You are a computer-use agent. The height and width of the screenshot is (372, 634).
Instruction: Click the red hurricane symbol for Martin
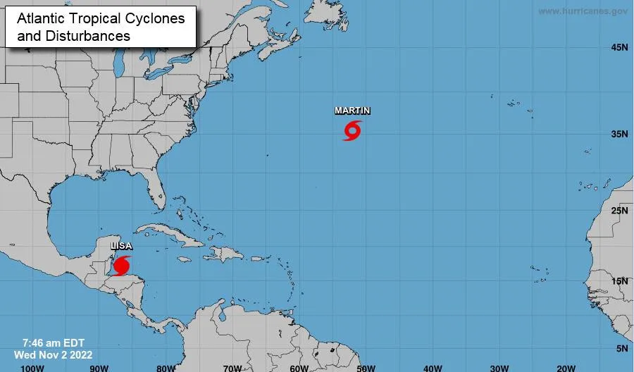click(352, 130)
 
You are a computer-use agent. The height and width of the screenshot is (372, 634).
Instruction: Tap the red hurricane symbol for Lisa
click(122, 266)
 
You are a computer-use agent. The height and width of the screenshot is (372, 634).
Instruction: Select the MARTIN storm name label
click(352, 111)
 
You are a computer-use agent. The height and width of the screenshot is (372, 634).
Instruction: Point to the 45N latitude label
click(619, 48)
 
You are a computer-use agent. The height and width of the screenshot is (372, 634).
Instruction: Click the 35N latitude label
click(619, 134)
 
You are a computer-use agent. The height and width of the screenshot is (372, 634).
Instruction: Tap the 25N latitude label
click(619, 211)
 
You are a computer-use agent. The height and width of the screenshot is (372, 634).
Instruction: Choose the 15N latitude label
click(619, 282)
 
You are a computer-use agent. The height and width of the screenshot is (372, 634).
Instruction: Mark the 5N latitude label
click(621, 349)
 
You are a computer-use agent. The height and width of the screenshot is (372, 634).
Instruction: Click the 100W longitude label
click(32, 367)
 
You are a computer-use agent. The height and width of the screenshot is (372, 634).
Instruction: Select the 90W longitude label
click(99, 367)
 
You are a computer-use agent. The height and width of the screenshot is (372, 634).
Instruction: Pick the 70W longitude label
click(232, 367)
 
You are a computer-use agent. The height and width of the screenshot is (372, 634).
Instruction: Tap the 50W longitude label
click(366, 367)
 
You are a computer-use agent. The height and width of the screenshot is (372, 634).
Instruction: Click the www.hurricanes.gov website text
click(583, 11)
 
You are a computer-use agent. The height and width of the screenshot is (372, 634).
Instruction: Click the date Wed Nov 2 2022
click(53, 354)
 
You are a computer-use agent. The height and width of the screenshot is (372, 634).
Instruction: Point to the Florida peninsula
click(158, 190)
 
